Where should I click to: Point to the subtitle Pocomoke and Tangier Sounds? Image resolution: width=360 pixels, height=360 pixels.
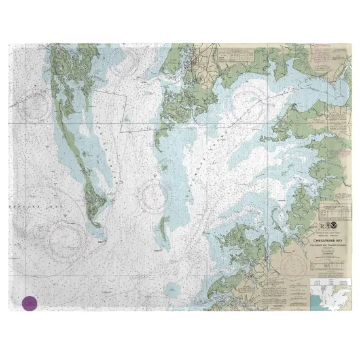click(x=333, y=245)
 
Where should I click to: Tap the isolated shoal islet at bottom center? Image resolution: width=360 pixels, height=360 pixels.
click(x=172, y=288)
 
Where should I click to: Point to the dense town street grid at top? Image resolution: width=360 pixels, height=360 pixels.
click(x=190, y=62)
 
